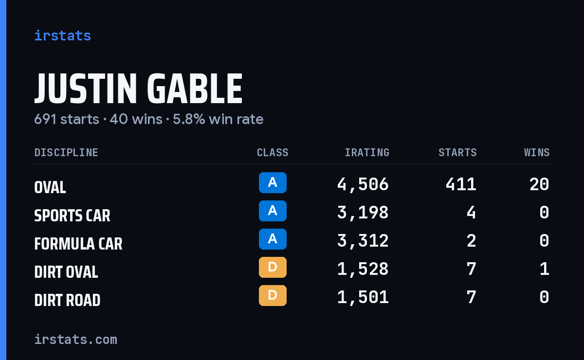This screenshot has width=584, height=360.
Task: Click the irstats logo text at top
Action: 63,36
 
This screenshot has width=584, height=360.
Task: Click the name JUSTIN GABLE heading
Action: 138,89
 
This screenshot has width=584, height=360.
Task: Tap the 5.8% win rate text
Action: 218,119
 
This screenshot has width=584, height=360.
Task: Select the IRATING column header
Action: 367,152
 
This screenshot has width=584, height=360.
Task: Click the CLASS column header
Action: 273,152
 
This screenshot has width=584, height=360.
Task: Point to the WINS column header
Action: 537,152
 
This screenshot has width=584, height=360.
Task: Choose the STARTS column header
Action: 457,152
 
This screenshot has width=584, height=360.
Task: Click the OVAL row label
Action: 50,187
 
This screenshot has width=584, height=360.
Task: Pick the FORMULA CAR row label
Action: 78,243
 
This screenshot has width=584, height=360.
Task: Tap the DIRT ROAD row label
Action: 67,300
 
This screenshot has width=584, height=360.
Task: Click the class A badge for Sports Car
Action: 273,211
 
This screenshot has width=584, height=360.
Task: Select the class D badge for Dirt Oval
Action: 273,267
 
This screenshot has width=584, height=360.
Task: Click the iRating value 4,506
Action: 363,184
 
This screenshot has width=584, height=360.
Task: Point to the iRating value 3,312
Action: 363,241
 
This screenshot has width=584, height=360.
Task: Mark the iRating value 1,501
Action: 363,297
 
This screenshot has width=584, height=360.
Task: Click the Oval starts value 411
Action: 461,184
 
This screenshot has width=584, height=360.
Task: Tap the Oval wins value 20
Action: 539,184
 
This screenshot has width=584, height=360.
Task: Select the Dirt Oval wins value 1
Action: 545,269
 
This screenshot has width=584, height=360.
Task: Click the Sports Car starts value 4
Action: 472,213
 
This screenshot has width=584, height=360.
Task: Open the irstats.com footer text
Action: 76,340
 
